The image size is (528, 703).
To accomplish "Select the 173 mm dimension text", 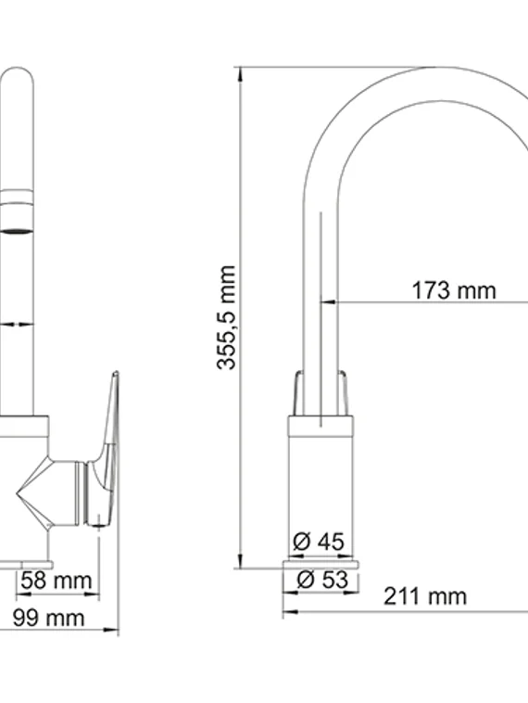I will (453, 290).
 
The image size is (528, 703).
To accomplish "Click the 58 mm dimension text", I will (57, 582).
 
